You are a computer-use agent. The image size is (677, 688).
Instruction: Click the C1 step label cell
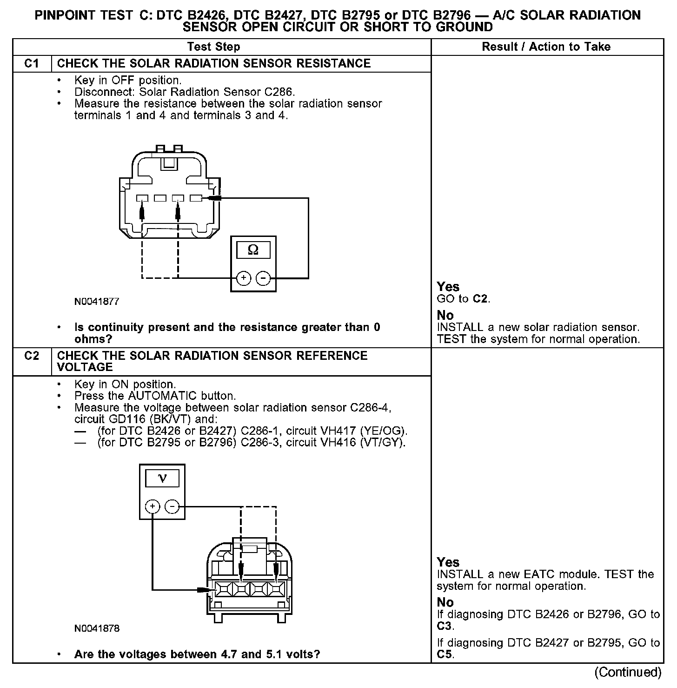tap(32, 63)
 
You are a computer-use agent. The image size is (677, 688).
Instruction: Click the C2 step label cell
tap(32, 356)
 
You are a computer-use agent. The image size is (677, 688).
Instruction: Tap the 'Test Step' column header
tap(213, 47)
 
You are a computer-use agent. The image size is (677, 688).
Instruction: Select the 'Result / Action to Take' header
tap(546, 47)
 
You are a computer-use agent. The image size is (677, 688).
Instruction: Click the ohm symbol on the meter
tap(253, 250)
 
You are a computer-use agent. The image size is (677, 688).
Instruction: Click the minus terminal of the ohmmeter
tap(263, 278)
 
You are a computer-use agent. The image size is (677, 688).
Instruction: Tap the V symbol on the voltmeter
tap(162, 478)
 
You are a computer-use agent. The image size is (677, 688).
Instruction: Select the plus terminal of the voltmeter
tap(153, 506)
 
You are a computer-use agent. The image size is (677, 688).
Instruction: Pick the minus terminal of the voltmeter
tap(172, 506)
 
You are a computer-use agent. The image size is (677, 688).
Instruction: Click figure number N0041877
tap(97, 302)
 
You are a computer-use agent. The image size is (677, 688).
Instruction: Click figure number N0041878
tap(97, 628)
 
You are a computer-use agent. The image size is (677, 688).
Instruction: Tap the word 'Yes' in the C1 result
tap(448, 287)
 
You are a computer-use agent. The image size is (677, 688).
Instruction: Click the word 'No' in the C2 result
tap(445, 602)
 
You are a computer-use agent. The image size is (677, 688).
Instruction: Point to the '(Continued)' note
tap(628, 672)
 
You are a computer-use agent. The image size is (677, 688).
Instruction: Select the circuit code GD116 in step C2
tap(89, 419)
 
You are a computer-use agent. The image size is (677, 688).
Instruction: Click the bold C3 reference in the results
tap(445, 626)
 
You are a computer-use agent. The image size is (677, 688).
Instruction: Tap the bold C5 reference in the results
tap(445, 654)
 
